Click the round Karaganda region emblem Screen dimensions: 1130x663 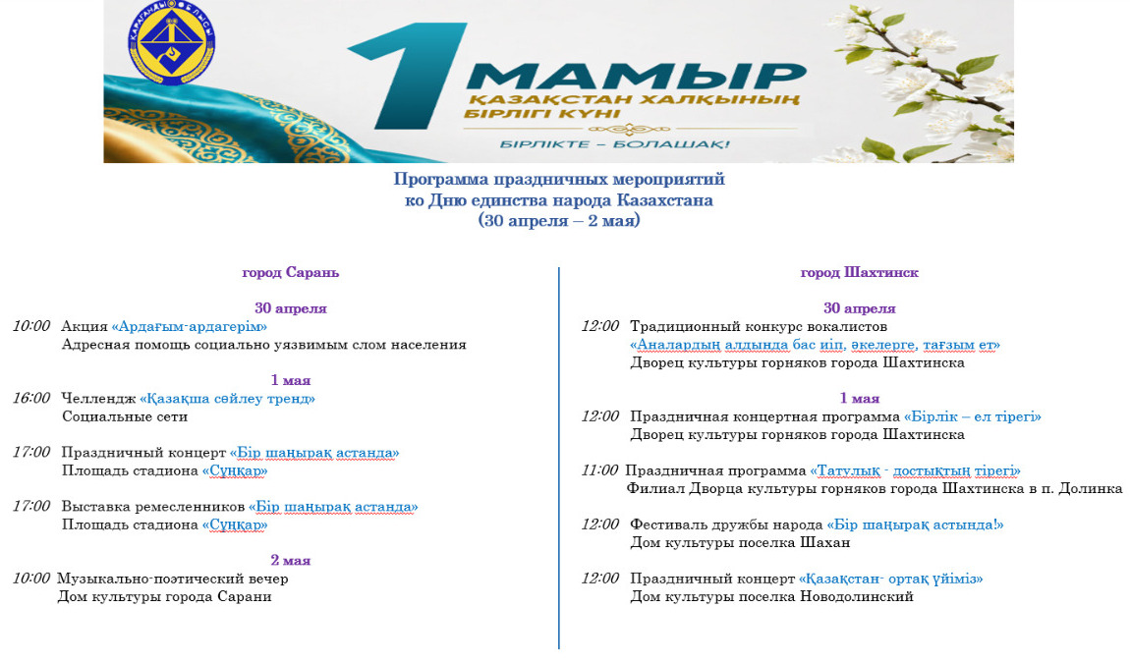(171, 42)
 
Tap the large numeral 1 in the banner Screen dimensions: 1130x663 (408, 77)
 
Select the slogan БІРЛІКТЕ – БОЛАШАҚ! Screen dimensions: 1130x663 (615, 144)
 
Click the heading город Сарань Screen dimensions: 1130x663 (291, 272)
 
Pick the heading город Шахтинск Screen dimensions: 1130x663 (859, 272)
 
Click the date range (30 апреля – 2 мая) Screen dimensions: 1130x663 (559, 221)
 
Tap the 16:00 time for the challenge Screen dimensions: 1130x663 (31, 398)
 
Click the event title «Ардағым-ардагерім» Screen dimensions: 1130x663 (189, 326)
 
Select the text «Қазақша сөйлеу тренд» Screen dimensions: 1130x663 (227, 399)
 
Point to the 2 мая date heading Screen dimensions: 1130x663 (291, 560)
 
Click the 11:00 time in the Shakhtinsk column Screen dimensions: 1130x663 (599, 470)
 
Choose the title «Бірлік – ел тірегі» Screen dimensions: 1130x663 (972, 416)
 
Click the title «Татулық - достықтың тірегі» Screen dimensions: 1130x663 (915, 470)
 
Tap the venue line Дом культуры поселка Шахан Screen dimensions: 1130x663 (740, 542)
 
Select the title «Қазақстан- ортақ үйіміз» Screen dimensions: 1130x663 (891, 579)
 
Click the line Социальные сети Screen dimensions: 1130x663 (125, 416)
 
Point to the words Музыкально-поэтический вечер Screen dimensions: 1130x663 (172, 579)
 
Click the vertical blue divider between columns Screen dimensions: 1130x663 (558, 458)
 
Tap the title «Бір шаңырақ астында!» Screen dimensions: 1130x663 (915, 525)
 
